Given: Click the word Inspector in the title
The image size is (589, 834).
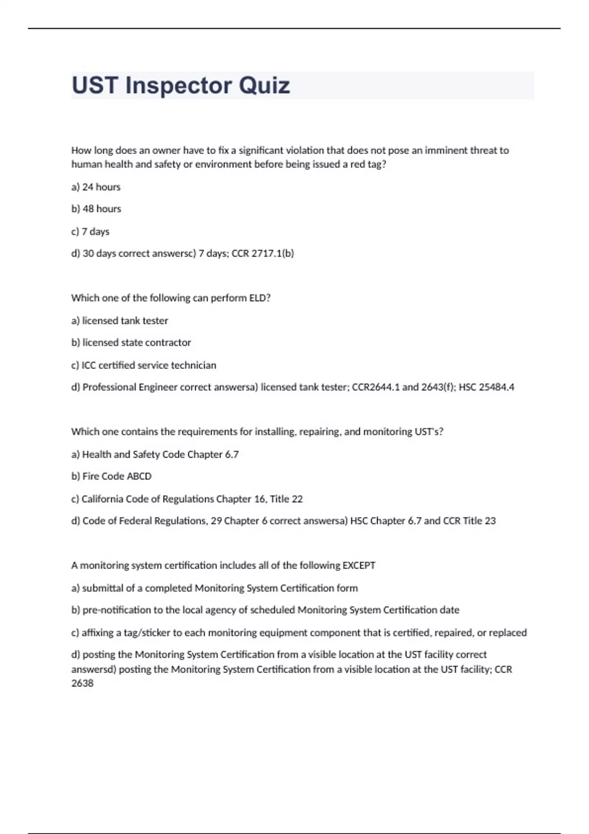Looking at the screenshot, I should (x=178, y=86).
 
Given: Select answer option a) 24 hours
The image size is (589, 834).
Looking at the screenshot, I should (x=96, y=187).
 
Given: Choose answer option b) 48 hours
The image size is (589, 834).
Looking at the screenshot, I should (x=96, y=209).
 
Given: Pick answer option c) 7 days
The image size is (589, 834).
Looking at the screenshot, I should (x=90, y=232).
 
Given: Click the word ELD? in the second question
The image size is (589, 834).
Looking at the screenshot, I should (x=260, y=298).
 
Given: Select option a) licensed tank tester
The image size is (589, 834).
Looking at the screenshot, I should (x=120, y=321).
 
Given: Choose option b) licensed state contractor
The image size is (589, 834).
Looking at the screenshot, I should (x=131, y=342).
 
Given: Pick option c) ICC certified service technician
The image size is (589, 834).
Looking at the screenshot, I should (x=143, y=365).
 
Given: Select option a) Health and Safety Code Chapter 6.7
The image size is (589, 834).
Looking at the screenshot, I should (x=155, y=454).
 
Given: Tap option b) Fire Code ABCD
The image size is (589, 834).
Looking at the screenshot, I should (x=111, y=476).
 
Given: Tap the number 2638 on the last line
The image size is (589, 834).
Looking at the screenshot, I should (x=82, y=683).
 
